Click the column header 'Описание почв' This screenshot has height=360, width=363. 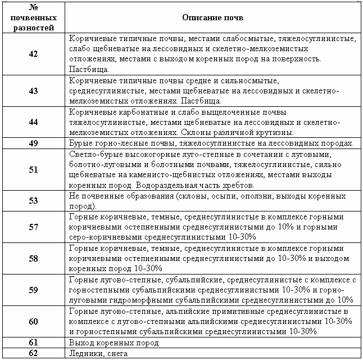(212, 17)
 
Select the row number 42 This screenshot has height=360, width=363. (33, 54)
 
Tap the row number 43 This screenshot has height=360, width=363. (33, 91)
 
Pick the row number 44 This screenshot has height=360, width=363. (33, 122)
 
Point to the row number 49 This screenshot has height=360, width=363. (33, 143)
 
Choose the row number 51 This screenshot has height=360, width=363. (33, 169)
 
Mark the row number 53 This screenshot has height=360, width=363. (33, 201)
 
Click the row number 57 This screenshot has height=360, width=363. (33, 227)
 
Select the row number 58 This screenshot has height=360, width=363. (33, 258)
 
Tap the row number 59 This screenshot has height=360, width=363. (33, 290)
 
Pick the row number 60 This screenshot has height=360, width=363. (33, 321)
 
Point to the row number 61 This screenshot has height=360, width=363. (33, 343)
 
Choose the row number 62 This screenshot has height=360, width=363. (33, 353)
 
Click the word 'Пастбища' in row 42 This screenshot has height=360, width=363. (88, 70)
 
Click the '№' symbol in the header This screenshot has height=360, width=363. (33, 7)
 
